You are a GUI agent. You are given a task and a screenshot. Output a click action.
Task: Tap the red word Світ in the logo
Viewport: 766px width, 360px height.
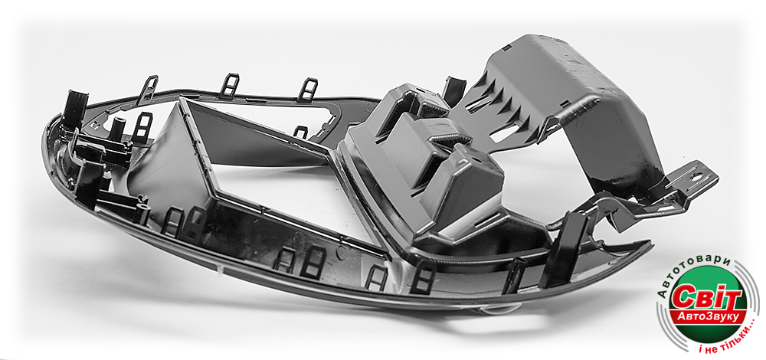click(706, 296)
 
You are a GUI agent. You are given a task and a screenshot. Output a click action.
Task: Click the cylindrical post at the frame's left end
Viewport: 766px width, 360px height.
click(116, 129)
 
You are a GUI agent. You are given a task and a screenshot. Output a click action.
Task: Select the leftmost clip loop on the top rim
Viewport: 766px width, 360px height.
click(148, 90)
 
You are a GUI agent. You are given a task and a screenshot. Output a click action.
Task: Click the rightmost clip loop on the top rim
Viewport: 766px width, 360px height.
click(308, 90)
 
